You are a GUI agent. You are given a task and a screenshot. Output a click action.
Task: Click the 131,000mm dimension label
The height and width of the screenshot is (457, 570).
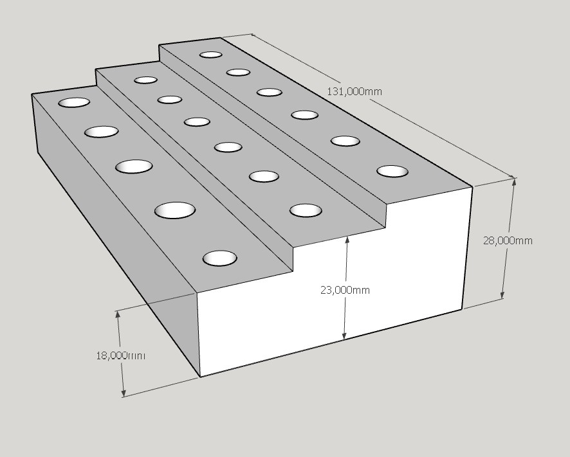(x=354, y=91)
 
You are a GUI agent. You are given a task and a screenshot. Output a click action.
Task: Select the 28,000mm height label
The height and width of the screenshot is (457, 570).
(x=508, y=240)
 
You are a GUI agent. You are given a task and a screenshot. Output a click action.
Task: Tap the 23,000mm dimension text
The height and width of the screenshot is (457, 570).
(x=345, y=290)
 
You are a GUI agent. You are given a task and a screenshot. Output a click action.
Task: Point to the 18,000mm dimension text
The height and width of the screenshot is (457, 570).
(x=121, y=355)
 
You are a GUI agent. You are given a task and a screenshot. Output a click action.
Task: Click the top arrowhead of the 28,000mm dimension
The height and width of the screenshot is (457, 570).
(x=513, y=182)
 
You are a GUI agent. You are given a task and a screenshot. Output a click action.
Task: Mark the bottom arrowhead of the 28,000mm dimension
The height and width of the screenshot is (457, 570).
(x=503, y=294)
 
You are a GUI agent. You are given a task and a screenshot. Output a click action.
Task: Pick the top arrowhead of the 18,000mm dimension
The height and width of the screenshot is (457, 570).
(x=118, y=315)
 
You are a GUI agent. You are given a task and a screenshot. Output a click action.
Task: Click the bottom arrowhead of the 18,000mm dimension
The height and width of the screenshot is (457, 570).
(x=124, y=392)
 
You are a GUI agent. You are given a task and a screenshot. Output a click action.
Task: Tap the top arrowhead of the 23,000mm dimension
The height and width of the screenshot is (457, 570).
(x=347, y=240)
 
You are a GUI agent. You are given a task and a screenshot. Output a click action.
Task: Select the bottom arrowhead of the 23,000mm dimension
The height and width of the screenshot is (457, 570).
(x=345, y=335)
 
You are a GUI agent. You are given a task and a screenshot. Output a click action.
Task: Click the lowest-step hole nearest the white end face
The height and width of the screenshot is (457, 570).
(x=220, y=258)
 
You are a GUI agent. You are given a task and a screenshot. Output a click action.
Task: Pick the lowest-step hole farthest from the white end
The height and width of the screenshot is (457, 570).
(x=74, y=102)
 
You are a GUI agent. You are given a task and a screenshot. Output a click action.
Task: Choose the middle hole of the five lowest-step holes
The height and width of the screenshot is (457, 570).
(x=134, y=166)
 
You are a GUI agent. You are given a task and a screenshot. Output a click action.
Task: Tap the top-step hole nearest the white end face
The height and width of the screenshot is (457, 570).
(x=392, y=171)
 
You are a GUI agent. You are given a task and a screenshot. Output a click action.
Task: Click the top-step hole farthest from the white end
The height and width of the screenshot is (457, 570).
(x=211, y=55)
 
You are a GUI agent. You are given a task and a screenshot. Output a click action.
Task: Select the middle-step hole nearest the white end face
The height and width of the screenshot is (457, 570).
(x=306, y=211)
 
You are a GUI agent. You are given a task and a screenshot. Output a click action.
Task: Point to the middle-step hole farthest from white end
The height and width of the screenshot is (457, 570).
(x=146, y=80)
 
